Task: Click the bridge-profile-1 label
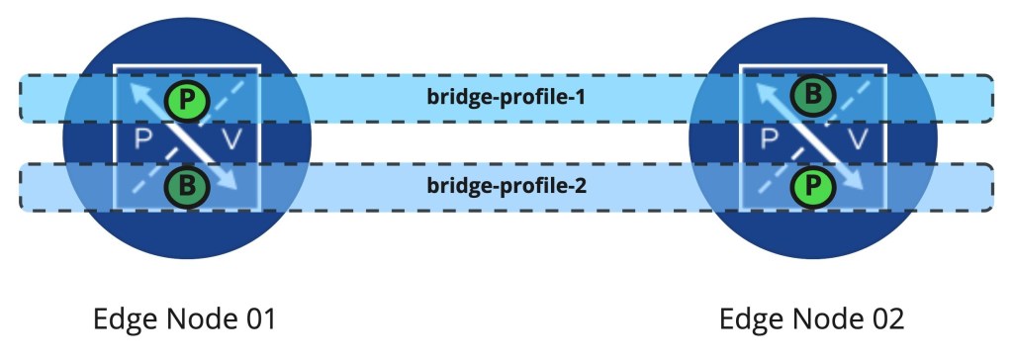(507, 97)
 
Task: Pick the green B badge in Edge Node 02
(812, 97)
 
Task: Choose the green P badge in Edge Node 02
(812, 183)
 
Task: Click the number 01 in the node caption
(256, 320)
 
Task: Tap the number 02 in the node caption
(882, 320)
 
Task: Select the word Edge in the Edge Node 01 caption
(122, 320)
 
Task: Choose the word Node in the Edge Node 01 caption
(194, 320)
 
